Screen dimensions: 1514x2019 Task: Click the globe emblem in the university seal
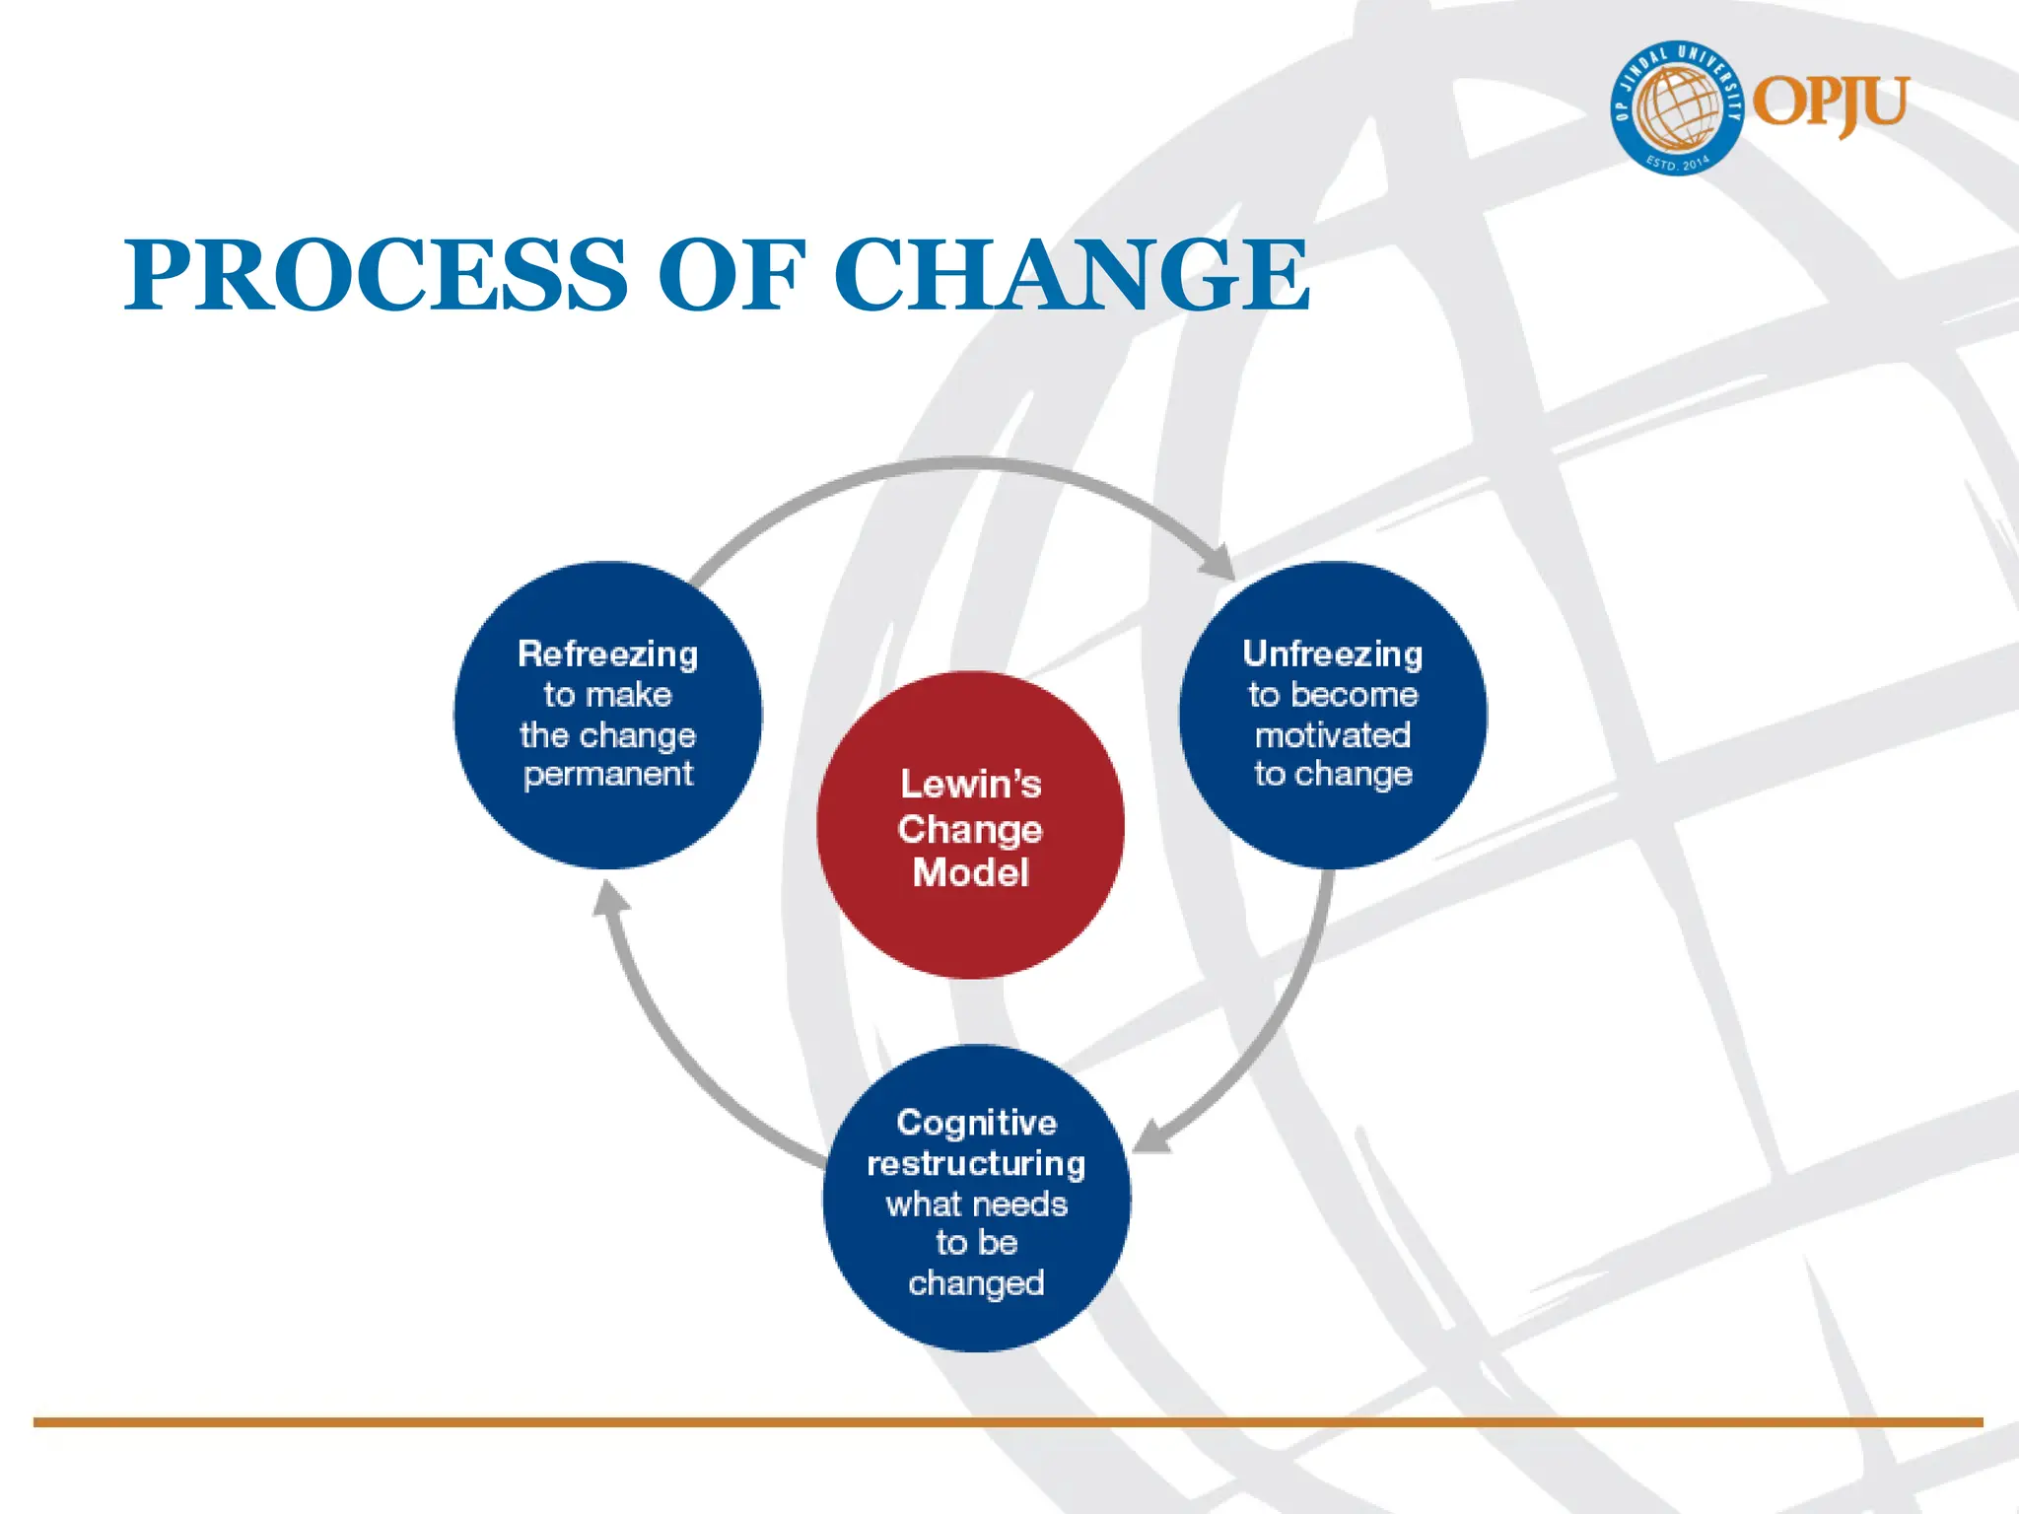(x=1676, y=108)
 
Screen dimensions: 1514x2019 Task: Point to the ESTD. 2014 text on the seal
(x=1678, y=163)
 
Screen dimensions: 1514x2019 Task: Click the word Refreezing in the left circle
(x=608, y=654)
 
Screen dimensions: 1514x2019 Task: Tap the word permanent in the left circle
(x=608, y=775)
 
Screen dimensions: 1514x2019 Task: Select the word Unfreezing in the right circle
(x=1333, y=654)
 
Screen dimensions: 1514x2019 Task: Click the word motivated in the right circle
(x=1333, y=735)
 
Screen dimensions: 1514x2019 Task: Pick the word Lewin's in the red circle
(x=971, y=785)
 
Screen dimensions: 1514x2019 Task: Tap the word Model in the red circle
(x=971, y=873)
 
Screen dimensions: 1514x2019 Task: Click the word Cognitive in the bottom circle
(x=977, y=1123)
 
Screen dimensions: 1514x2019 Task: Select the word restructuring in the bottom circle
(x=977, y=1164)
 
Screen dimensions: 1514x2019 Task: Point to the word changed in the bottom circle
(x=977, y=1283)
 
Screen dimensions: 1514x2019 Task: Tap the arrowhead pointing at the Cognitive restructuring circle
(x=1151, y=1137)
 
